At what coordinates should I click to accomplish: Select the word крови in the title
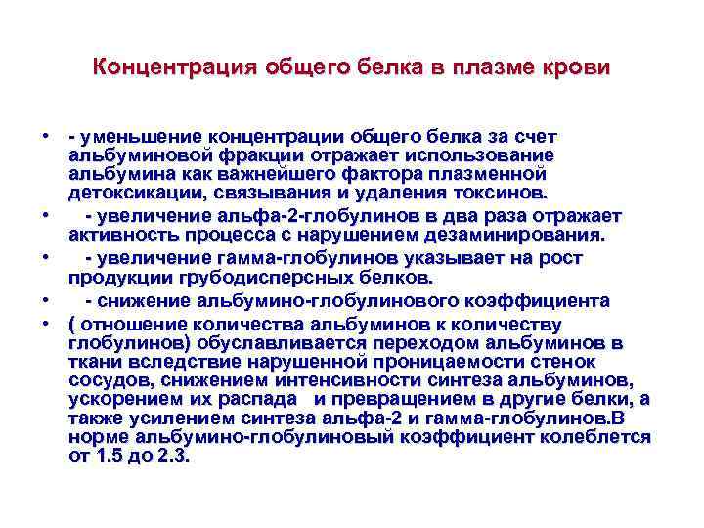[578, 67]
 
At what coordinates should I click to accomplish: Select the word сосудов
[110, 379]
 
